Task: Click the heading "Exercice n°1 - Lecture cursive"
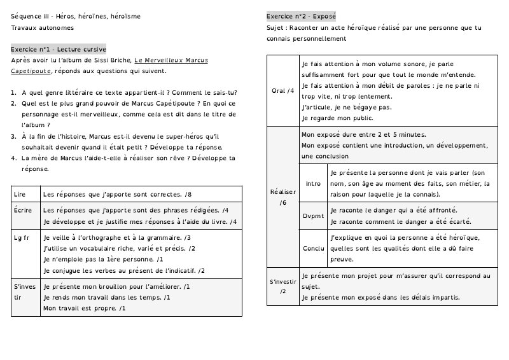click(59, 49)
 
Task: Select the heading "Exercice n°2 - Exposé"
click(301, 15)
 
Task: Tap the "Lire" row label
click(20, 193)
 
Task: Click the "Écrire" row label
click(23, 210)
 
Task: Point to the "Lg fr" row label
click(22, 237)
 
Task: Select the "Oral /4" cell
click(282, 91)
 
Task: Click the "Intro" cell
click(313, 183)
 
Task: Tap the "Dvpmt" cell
click(313, 216)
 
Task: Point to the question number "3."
click(14, 135)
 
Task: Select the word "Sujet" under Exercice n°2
click(275, 28)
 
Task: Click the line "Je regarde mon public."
click(337, 118)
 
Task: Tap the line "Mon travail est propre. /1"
click(84, 308)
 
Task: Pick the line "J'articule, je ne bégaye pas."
click(347, 107)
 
